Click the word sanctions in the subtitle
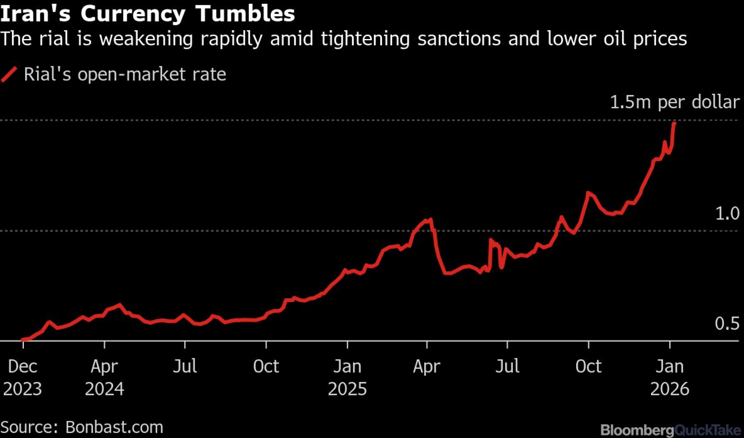point(459,39)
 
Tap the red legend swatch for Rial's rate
point(9,74)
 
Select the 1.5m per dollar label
point(674,102)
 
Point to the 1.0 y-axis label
point(727,213)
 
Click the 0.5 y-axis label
point(727,323)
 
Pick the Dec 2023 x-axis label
point(22,377)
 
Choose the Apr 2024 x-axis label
point(104,377)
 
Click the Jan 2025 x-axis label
point(347,377)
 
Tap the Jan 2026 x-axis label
point(670,377)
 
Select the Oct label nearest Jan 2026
point(588,366)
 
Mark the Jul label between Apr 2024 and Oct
point(185,366)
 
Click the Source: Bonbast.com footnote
point(82,427)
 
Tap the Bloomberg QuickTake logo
point(670,430)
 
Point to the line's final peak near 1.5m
point(674,123)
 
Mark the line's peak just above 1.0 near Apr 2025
point(430,219)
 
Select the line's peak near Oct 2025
point(588,193)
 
